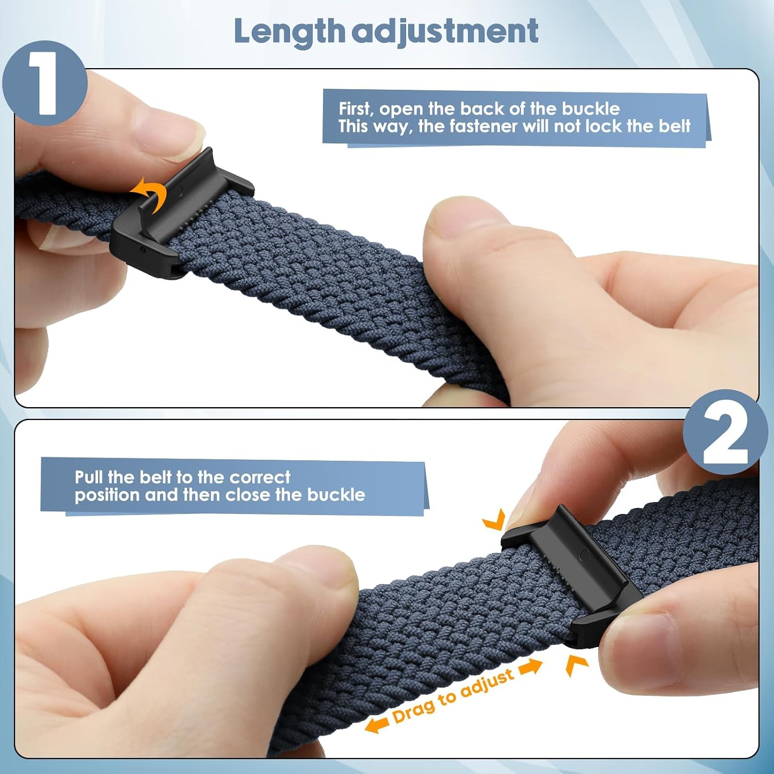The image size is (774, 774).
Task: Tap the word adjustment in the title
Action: [445, 31]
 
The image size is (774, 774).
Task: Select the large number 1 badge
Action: [45, 83]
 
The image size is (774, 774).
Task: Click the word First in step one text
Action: [356, 109]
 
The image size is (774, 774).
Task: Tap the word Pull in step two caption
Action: [89, 477]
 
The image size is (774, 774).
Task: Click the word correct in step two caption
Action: [260, 477]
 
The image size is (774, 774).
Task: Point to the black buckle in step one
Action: [181, 214]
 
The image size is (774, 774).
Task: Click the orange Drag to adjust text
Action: [453, 695]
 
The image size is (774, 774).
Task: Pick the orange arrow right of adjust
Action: [530, 667]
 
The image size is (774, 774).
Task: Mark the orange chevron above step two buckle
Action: [494, 520]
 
